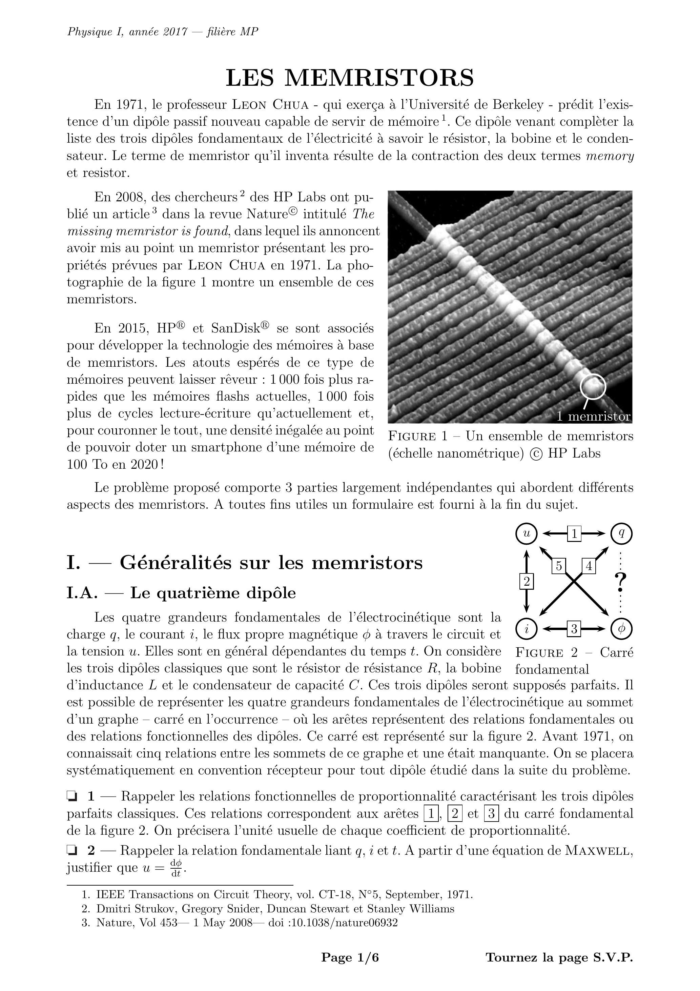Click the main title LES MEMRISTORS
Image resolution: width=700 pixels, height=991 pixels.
click(350, 78)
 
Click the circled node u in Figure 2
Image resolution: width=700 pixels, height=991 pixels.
click(526, 534)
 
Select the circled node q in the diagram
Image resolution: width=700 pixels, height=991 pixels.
click(621, 534)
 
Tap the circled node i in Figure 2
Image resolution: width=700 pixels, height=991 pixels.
click(526, 629)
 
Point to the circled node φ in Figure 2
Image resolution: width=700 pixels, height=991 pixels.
click(621, 629)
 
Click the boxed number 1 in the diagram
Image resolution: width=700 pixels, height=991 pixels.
click(574, 534)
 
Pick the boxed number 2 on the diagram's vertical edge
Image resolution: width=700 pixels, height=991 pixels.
click(526, 581)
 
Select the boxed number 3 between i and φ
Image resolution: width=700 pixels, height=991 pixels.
click(574, 629)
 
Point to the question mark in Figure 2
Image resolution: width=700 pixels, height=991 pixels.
click(621, 582)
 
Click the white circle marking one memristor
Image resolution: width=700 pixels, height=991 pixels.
click(593, 386)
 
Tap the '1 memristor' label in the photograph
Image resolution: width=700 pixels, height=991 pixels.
click(593, 417)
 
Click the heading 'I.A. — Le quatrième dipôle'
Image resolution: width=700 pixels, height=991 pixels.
click(181, 593)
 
